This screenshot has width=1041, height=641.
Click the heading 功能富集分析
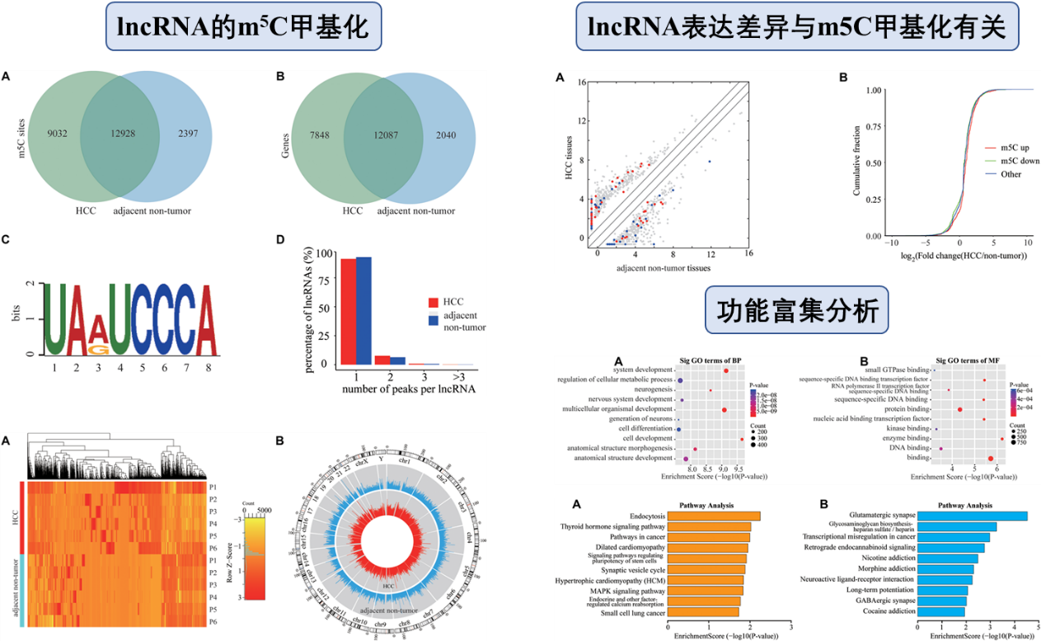click(x=796, y=310)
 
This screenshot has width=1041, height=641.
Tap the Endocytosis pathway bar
click(x=714, y=516)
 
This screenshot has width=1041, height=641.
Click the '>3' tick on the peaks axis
click(x=457, y=375)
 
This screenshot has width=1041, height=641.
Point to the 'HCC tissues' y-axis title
click(x=569, y=161)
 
